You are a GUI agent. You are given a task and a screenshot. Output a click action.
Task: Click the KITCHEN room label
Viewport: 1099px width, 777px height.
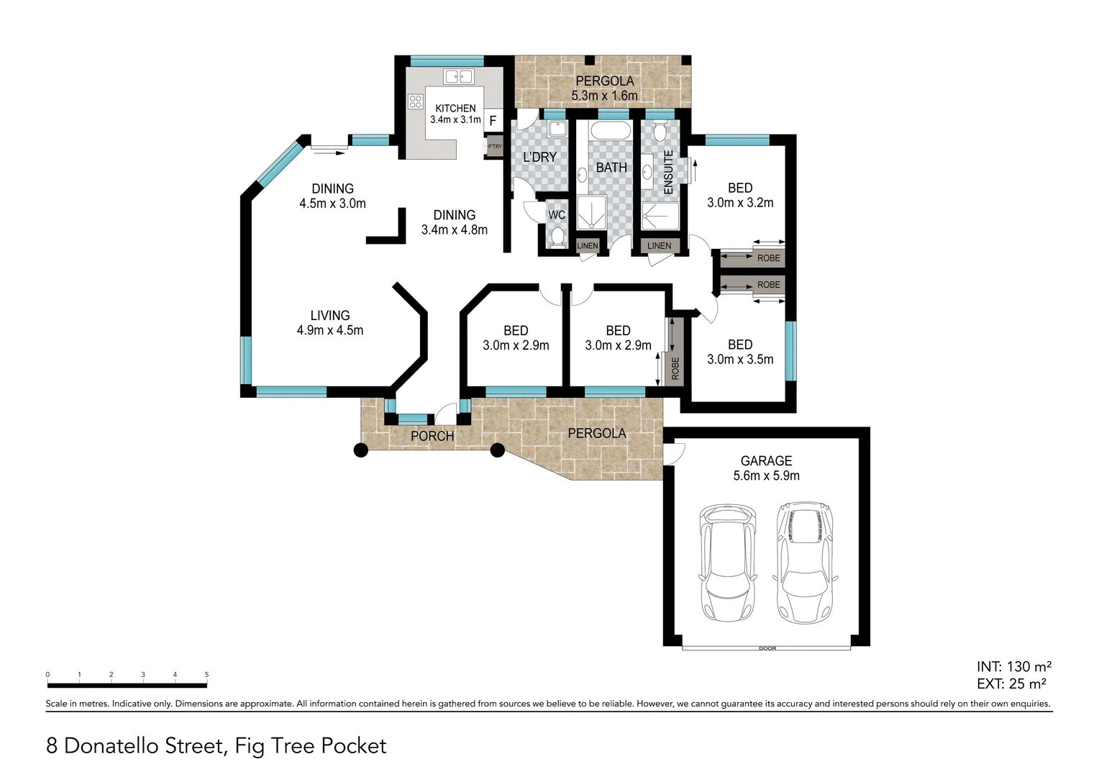click(455, 109)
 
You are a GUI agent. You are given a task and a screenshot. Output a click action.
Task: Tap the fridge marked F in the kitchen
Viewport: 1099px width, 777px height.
click(493, 121)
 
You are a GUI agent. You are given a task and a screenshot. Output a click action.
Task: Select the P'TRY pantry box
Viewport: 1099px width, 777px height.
click(494, 146)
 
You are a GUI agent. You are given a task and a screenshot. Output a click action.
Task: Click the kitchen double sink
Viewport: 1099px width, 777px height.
click(457, 76)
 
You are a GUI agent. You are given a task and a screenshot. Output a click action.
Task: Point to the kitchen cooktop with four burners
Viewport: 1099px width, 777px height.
click(415, 101)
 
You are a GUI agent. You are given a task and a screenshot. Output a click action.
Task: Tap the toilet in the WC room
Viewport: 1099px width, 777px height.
click(556, 237)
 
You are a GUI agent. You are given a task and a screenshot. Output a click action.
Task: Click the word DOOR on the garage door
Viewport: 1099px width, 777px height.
click(767, 649)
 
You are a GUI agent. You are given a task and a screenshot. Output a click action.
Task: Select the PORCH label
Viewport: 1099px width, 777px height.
click(432, 436)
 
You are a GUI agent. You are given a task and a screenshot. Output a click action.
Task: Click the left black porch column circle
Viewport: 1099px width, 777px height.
click(361, 450)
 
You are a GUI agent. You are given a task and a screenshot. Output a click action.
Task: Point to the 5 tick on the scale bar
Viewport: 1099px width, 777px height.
click(206, 675)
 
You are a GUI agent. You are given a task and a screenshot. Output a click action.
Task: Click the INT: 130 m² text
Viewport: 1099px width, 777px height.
click(1014, 667)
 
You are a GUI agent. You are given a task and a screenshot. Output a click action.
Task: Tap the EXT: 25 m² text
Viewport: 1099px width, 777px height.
click(1011, 684)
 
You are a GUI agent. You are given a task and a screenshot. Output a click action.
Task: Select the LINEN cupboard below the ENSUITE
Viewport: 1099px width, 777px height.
click(659, 246)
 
